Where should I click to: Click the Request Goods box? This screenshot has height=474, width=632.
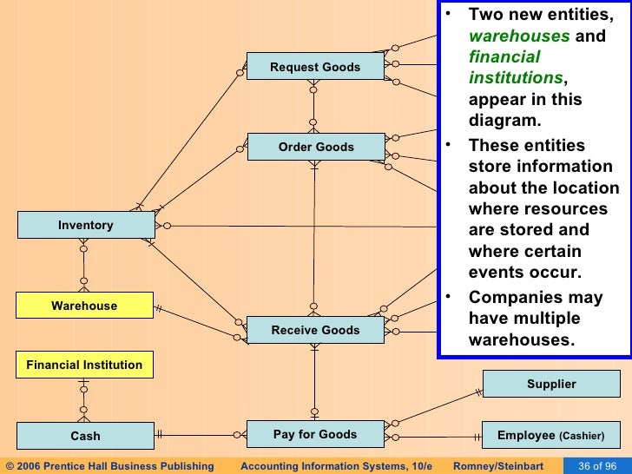click(x=315, y=67)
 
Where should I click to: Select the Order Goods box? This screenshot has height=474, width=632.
click(x=315, y=147)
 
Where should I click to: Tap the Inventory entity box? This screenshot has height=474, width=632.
click(x=85, y=225)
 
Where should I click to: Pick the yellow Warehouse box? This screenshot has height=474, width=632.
click(x=84, y=306)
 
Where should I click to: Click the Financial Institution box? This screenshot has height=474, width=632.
click(x=84, y=365)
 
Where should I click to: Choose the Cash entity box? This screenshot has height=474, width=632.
click(x=85, y=436)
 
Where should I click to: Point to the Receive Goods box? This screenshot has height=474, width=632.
click(x=315, y=330)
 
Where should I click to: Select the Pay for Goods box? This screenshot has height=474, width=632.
click(x=315, y=434)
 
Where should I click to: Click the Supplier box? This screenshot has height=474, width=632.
click(x=551, y=384)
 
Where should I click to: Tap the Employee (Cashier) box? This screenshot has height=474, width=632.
click(x=551, y=435)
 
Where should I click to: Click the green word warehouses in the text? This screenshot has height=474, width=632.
click(x=519, y=36)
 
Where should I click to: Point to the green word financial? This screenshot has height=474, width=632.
click(x=504, y=57)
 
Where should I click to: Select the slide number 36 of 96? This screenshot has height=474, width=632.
click(x=597, y=465)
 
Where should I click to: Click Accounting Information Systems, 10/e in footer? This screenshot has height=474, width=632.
click(x=336, y=465)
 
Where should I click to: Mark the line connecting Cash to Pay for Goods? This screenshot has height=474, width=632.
click(x=201, y=434)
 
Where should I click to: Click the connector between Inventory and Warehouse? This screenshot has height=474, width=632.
click(x=84, y=265)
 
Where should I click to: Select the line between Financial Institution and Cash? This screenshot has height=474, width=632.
click(x=84, y=400)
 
